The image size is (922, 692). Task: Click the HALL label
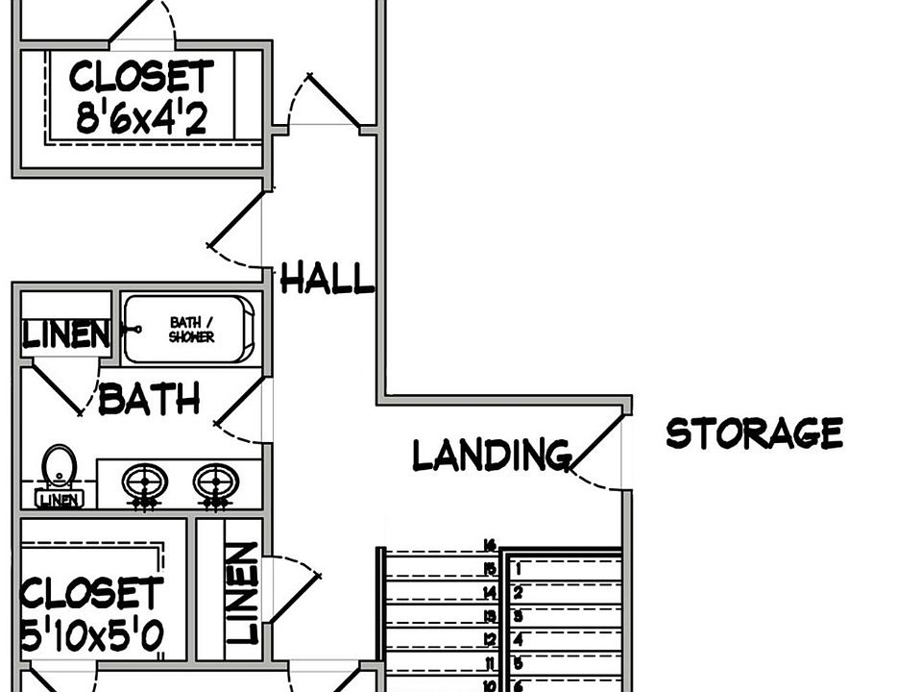[x=327, y=280]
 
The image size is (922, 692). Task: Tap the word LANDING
[x=491, y=454]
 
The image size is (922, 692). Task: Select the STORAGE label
[x=754, y=433]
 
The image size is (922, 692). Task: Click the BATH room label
[x=149, y=399]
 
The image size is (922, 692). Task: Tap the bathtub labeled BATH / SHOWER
[x=190, y=330]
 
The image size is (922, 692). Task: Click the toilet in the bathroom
[x=60, y=466]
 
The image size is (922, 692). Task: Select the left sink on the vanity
[x=146, y=481]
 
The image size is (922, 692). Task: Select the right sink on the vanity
[x=215, y=481]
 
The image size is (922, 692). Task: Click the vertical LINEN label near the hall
[x=243, y=593]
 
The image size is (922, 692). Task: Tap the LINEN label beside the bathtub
[x=65, y=335]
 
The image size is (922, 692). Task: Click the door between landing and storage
[x=597, y=443]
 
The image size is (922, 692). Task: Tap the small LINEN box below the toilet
[x=60, y=499]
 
